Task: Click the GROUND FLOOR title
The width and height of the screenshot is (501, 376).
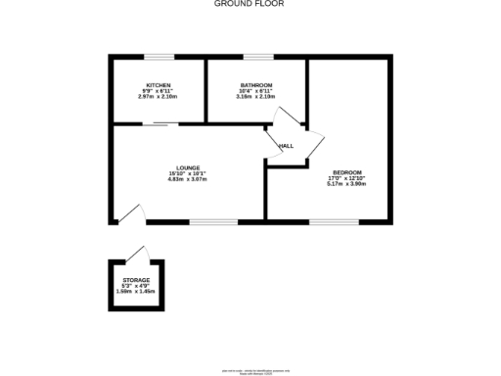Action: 250,4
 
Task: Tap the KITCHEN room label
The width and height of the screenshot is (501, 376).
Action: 158,85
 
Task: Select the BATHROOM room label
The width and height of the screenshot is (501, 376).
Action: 256,85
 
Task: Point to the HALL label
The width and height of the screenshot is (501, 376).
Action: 287,146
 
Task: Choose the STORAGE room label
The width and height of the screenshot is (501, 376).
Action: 136,280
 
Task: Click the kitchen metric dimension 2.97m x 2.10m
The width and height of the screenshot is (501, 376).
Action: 158,97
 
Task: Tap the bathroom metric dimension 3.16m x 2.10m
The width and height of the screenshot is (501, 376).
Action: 256,97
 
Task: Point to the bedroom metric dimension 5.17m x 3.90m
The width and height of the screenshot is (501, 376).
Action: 346,183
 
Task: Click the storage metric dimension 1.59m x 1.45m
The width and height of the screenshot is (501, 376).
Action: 136,292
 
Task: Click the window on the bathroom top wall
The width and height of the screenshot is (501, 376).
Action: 258,58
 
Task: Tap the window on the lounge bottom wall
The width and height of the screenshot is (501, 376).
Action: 207,221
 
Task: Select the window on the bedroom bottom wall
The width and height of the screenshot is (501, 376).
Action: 326,221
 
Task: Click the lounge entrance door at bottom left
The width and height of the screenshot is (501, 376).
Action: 129,212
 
